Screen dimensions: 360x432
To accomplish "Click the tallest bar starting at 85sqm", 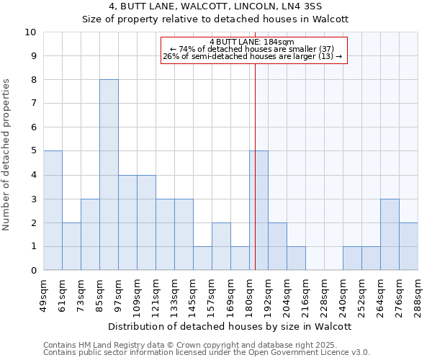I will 109,175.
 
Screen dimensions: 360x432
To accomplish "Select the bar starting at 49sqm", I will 53,210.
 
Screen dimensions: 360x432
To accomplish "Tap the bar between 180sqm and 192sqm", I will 258,210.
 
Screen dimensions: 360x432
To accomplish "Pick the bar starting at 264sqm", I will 390,235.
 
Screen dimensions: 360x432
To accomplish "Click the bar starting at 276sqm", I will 408,246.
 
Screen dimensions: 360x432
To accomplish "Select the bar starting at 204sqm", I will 296,258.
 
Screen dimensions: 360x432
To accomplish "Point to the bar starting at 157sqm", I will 221,246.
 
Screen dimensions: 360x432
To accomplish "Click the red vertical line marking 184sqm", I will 255,180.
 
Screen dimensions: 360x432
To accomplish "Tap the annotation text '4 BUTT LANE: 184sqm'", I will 252,42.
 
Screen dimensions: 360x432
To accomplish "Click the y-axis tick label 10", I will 30,32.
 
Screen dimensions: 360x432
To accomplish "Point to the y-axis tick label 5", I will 32,151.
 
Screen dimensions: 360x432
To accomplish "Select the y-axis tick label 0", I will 32,271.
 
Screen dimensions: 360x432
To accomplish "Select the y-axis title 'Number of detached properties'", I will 7,155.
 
